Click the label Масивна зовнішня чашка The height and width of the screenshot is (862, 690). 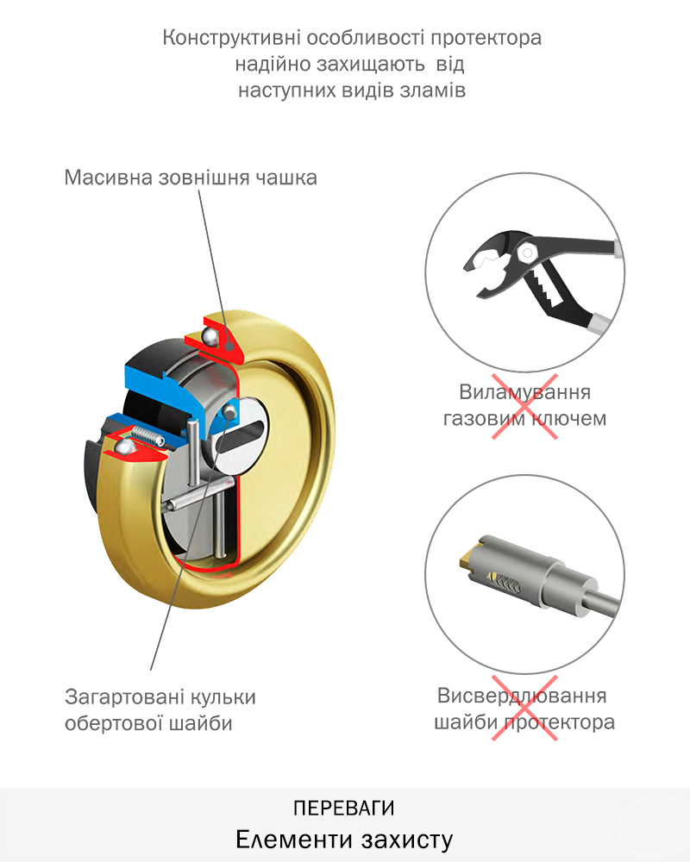coord(191,178)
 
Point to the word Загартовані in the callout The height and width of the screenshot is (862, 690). coord(124,697)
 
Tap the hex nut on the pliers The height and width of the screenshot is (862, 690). coord(528,253)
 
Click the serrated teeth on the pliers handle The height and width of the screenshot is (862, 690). coord(547,290)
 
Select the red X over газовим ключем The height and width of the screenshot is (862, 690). coord(524,406)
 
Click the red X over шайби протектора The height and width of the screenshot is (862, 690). coord(524,708)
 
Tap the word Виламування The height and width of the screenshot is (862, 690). coord(525,392)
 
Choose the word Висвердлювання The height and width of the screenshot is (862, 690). coord(522,696)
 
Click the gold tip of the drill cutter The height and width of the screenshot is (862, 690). coord(466,556)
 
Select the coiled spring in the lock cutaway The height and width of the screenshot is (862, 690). coord(147,435)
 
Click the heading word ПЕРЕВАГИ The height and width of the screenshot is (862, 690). coord(344,809)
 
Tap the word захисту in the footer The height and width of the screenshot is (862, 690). coord(407,840)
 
